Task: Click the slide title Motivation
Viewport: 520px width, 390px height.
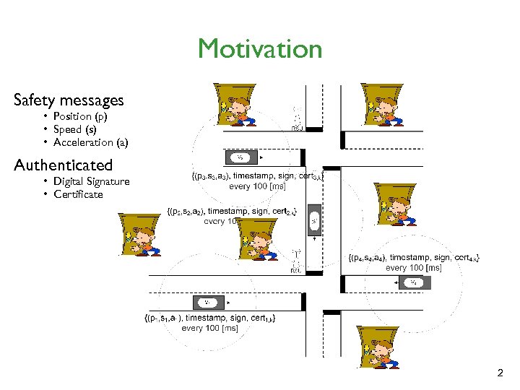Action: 259,49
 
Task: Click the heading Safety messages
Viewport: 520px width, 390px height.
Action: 69,100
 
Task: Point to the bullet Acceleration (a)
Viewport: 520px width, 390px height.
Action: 90,142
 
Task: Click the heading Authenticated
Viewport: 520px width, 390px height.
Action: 64,165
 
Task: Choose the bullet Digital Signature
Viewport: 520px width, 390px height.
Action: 91,181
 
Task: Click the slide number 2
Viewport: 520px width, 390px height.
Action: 500,373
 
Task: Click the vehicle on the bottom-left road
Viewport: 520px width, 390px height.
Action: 207,302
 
